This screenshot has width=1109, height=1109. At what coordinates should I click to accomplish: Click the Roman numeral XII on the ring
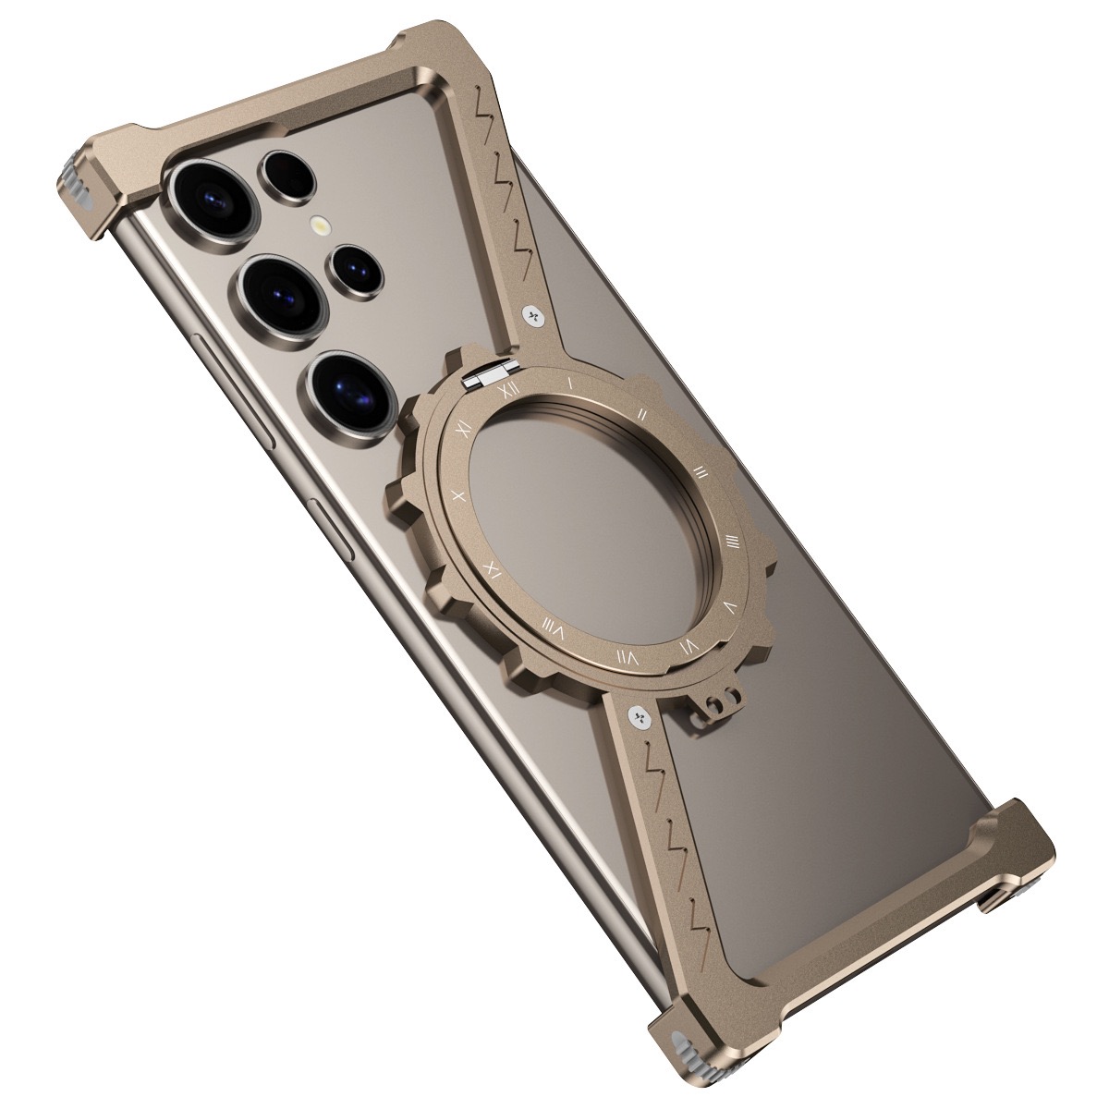coord(506,391)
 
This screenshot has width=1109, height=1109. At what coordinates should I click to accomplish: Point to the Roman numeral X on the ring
coord(457,494)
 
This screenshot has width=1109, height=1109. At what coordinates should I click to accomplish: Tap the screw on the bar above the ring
coord(533,317)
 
